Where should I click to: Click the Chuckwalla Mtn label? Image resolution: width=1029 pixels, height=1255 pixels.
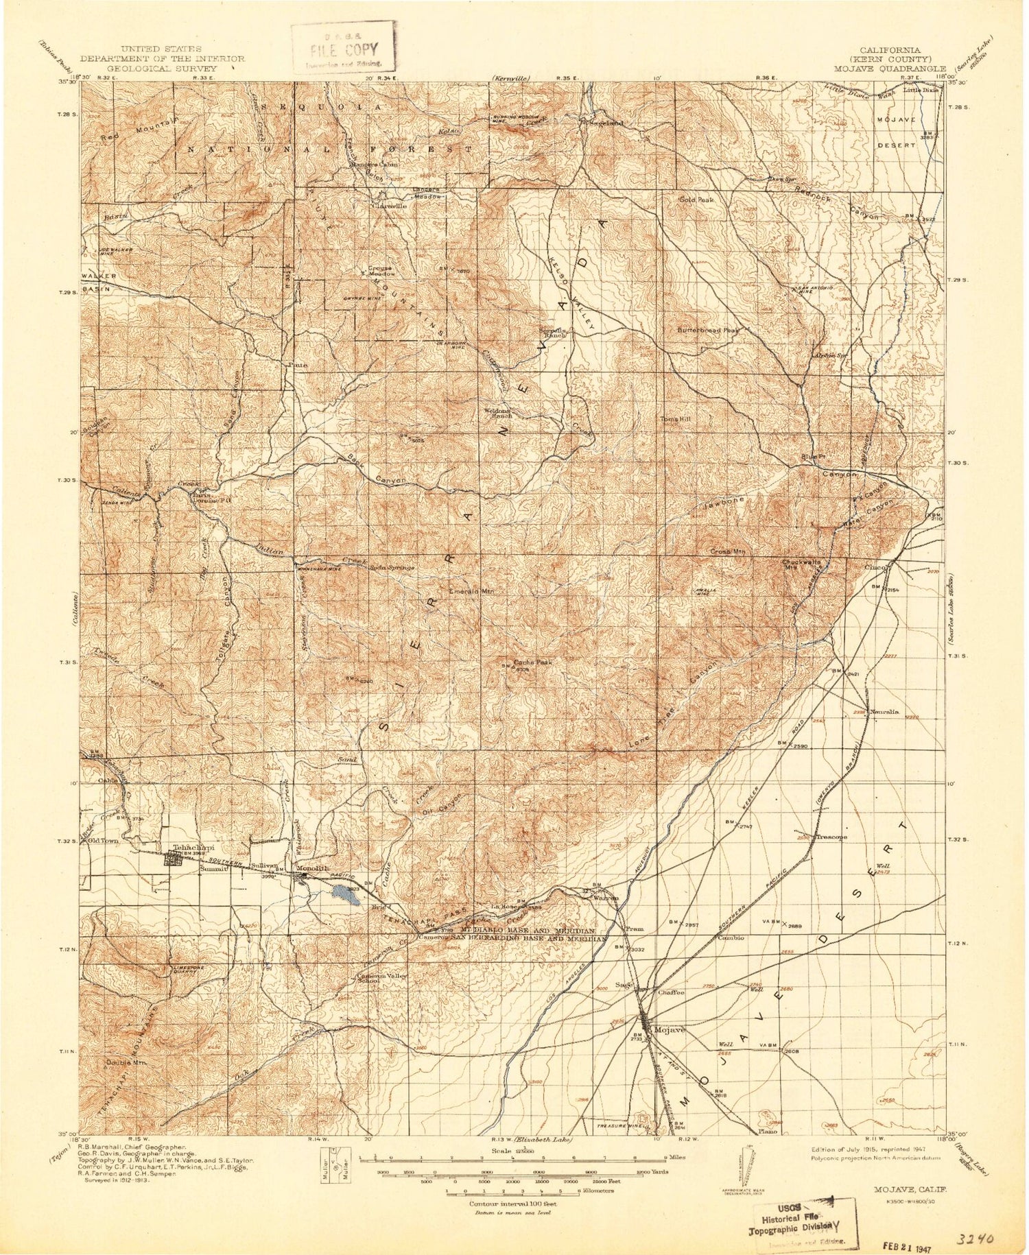[x=802, y=564]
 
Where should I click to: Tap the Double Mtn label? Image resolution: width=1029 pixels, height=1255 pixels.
[x=127, y=1063]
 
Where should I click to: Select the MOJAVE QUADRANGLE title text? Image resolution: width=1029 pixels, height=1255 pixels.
[x=890, y=69]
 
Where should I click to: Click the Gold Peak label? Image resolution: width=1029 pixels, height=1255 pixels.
[x=696, y=200]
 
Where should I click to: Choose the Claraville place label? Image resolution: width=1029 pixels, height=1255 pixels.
[x=389, y=205]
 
